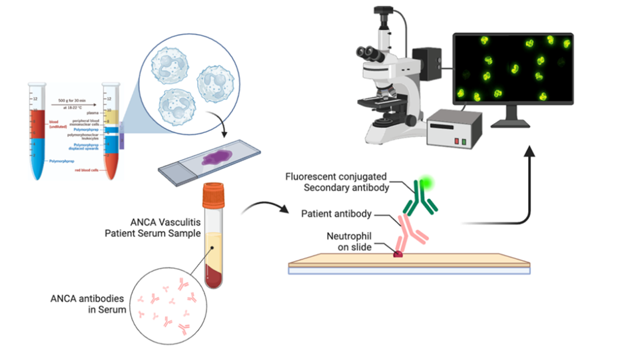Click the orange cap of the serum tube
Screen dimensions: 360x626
click(214, 192)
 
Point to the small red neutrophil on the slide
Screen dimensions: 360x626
click(399, 253)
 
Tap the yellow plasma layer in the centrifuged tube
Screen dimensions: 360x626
click(110, 117)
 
